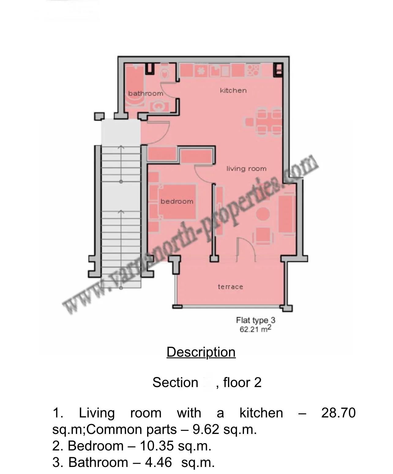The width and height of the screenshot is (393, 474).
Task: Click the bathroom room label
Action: (145, 93)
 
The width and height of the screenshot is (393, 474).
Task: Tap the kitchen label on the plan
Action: (233, 90)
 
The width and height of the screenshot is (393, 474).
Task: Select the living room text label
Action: (246, 168)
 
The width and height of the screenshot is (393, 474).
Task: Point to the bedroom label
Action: (177, 201)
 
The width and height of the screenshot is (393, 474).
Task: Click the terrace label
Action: (230, 287)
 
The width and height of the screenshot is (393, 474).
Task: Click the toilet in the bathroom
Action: (165, 73)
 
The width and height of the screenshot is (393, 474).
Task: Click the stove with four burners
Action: (253, 70)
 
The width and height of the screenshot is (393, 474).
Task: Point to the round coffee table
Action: (263, 214)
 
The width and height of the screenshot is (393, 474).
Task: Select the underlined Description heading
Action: (201, 352)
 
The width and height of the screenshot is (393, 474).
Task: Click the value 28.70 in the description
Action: (338, 413)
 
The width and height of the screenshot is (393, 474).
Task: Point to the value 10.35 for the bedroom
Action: (157, 446)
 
